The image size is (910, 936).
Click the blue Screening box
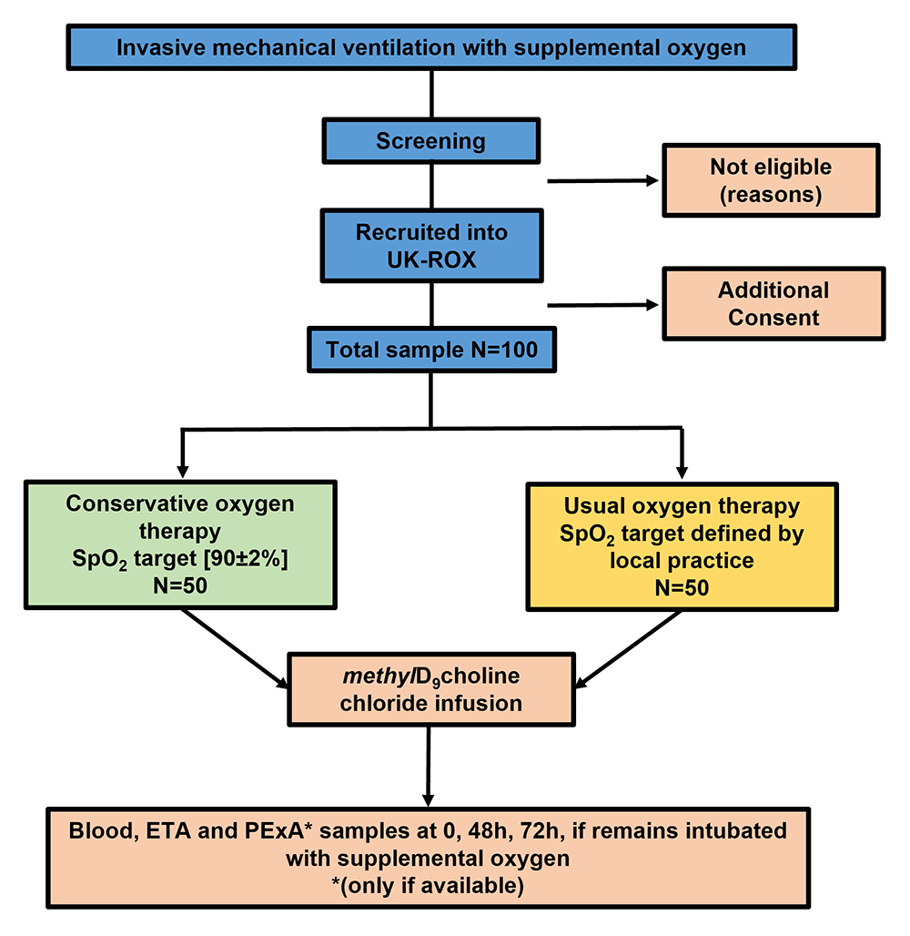(430, 141)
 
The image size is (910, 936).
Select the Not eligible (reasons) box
(770, 180)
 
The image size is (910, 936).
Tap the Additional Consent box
(773, 304)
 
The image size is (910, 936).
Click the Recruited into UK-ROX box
(430, 245)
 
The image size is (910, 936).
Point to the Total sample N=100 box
(430, 350)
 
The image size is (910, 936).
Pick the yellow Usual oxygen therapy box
(682, 545)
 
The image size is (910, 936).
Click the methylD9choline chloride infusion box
(430, 689)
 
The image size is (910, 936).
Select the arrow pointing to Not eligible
(602, 181)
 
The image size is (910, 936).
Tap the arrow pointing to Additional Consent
(602, 306)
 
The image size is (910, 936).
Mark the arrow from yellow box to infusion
(629, 650)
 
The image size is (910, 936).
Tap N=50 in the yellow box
(682, 587)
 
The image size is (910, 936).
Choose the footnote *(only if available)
(430, 884)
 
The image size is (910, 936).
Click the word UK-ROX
(430, 258)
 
